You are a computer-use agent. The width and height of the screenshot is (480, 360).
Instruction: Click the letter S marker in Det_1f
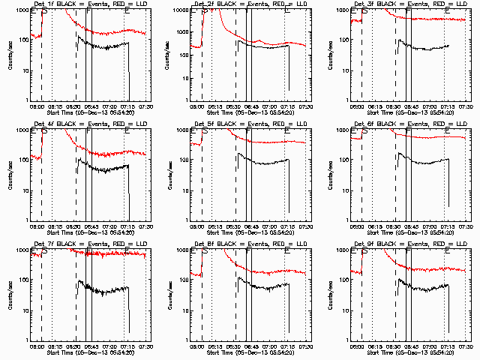coord(43,12)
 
